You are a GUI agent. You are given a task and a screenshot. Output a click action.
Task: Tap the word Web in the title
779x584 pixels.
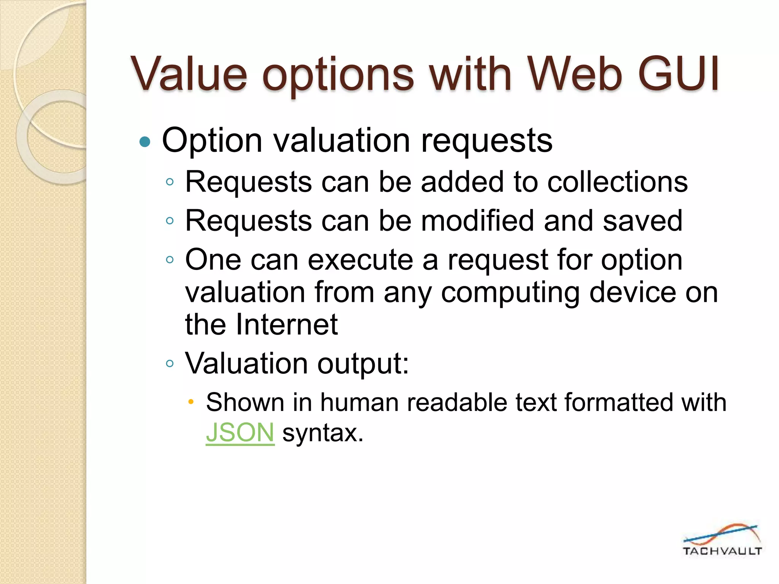tap(575, 74)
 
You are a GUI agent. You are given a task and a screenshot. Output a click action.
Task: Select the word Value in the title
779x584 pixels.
tap(189, 74)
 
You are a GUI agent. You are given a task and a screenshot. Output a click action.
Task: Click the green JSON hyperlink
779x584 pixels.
tap(240, 433)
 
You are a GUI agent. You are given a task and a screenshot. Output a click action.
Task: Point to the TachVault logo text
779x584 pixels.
tap(722, 551)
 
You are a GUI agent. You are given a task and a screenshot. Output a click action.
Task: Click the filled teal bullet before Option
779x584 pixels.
tap(145, 142)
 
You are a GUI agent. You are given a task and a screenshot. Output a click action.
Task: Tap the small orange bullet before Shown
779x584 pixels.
tap(191, 401)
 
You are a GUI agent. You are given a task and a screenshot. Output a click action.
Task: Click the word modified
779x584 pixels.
tap(477, 221)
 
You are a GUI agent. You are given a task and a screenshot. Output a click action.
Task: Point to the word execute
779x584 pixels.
tap(360, 260)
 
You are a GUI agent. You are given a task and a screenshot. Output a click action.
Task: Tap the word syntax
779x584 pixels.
tap(323, 433)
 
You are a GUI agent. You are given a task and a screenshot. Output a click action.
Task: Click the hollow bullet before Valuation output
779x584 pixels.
tap(170, 364)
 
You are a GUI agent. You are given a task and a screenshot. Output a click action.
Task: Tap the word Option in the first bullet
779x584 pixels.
tap(212, 141)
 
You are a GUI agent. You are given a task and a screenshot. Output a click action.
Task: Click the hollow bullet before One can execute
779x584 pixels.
tap(170, 260)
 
